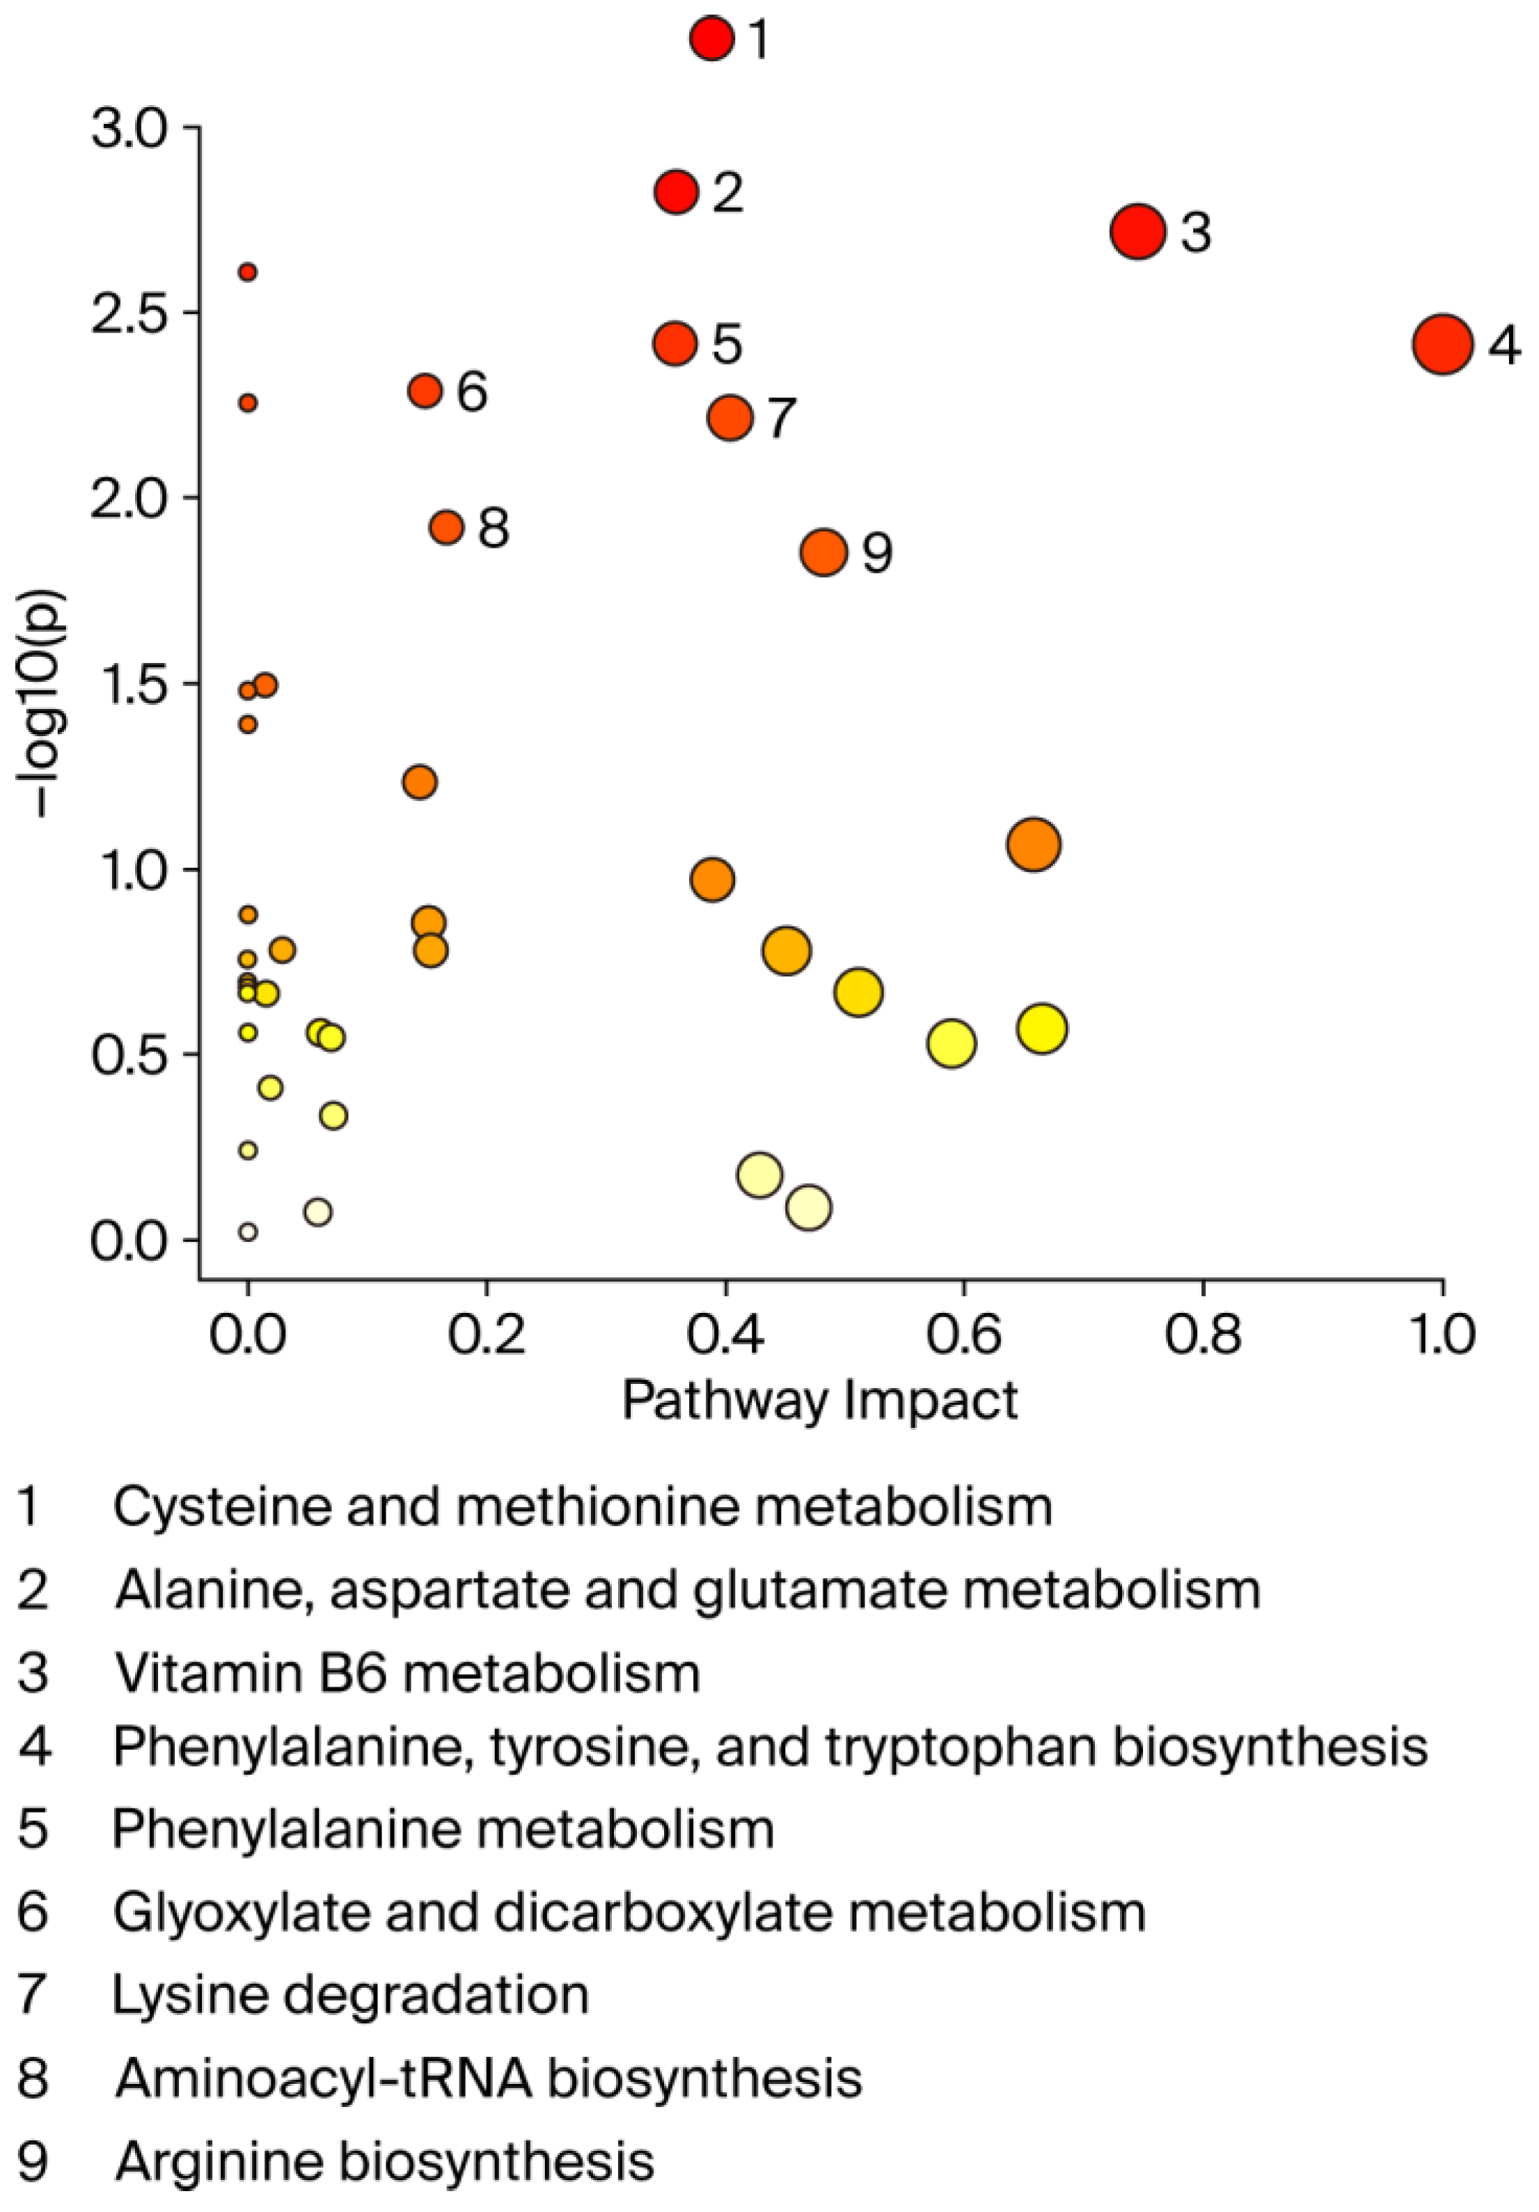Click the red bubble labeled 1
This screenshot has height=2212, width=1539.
pyautogui.click(x=712, y=38)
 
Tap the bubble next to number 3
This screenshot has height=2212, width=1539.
pyautogui.click(x=1138, y=231)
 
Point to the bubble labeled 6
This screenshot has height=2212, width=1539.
pyautogui.click(x=425, y=390)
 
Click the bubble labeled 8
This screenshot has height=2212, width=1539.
pyautogui.click(x=446, y=527)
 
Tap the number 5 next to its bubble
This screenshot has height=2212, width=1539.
pyautogui.click(x=727, y=344)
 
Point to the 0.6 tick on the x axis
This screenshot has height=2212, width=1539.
pyautogui.click(x=963, y=1335)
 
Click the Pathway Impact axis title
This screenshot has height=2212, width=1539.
pyautogui.click(x=819, y=1400)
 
